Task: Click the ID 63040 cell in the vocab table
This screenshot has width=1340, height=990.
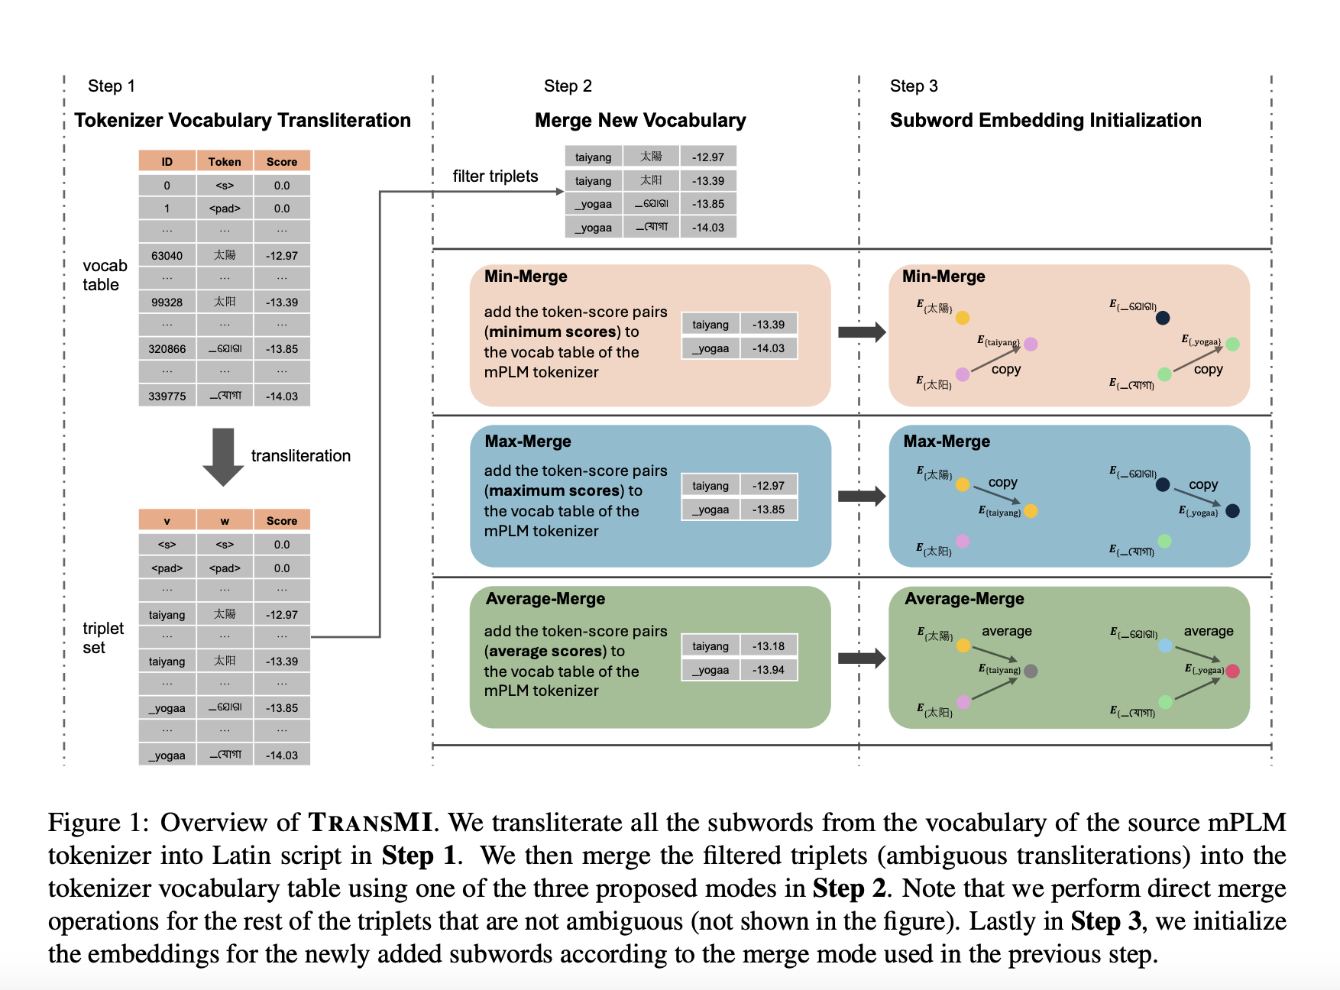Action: pyautogui.click(x=167, y=256)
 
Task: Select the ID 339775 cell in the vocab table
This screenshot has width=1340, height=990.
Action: pyautogui.click(x=167, y=396)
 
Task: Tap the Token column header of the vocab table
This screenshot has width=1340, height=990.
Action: pyautogui.click(x=225, y=161)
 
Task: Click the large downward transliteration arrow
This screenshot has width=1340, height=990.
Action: pyautogui.click(x=223, y=456)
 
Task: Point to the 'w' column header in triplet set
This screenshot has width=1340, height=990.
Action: pyautogui.click(x=225, y=520)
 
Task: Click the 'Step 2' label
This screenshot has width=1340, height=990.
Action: pyautogui.click(x=568, y=86)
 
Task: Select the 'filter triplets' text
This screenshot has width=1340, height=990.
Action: pyautogui.click(x=495, y=176)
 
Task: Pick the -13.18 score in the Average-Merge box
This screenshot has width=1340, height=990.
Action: pyautogui.click(x=768, y=646)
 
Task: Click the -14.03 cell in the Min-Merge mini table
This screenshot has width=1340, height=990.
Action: pyautogui.click(x=768, y=348)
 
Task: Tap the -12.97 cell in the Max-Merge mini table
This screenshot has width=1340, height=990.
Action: pyautogui.click(x=768, y=486)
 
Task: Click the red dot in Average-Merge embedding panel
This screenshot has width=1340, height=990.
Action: pyautogui.click(x=1232, y=671)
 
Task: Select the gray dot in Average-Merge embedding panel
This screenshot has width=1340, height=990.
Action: pyautogui.click(x=1031, y=671)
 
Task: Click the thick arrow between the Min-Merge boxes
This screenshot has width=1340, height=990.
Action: pyautogui.click(x=861, y=332)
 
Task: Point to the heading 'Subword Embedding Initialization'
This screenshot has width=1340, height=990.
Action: pyautogui.click(x=1045, y=121)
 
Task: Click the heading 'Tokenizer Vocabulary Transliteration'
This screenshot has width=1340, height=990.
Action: pyautogui.click(x=242, y=121)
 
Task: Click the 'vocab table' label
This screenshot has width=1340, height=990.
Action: pyautogui.click(x=105, y=275)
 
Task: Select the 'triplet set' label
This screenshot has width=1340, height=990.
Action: pyautogui.click(x=102, y=638)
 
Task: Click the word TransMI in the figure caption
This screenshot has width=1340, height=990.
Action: pyautogui.click(x=371, y=823)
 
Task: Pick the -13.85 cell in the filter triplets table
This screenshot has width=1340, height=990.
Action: pyautogui.click(x=707, y=204)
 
